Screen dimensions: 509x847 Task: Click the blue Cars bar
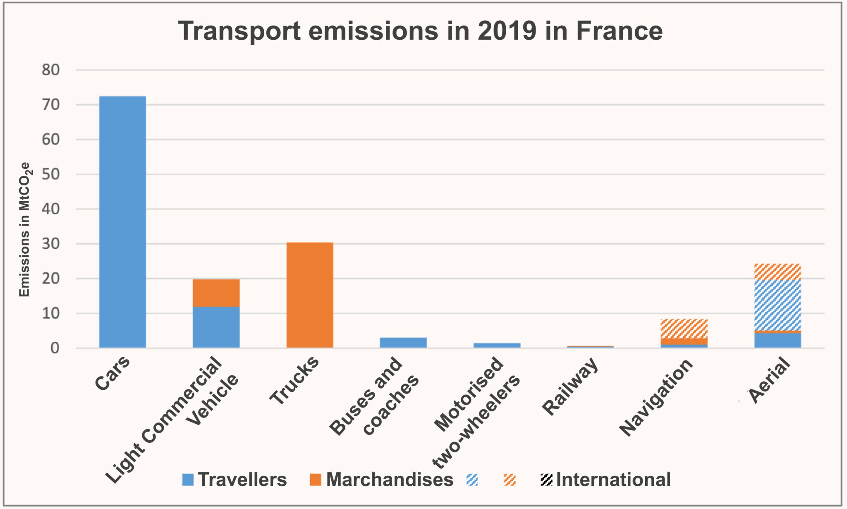(x=123, y=222)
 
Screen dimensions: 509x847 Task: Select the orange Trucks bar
(x=310, y=295)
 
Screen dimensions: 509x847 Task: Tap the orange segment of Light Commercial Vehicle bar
(x=216, y=293)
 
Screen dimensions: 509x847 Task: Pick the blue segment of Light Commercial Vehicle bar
(x=216, y=327)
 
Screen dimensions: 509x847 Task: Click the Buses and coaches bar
(x=403, y=343)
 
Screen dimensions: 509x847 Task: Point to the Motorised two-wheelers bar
(x=497, y=345)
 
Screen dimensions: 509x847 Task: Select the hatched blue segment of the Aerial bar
(x=778, y=305)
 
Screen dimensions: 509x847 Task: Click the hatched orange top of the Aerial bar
(x=778, y=271)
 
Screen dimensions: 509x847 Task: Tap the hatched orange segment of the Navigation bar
(x=684, y=329)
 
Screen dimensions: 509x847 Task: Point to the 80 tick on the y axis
(x=51, y=70)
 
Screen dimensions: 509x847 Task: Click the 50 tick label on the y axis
(x=51, y=174)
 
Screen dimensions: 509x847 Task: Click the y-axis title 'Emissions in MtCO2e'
(x=25, y=230)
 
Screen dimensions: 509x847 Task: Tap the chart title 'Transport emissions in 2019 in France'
(x=420, y=31)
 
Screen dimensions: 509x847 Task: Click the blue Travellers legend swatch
(x=188, y=480)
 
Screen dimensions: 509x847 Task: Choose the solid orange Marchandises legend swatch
(x=316, y=480)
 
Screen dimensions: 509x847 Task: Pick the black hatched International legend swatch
(x=546, y=480)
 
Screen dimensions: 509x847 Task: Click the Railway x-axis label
(x=570, y=387)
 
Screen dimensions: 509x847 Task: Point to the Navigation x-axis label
(x=656, y=397)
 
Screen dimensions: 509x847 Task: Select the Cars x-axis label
(x=112, y=373)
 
